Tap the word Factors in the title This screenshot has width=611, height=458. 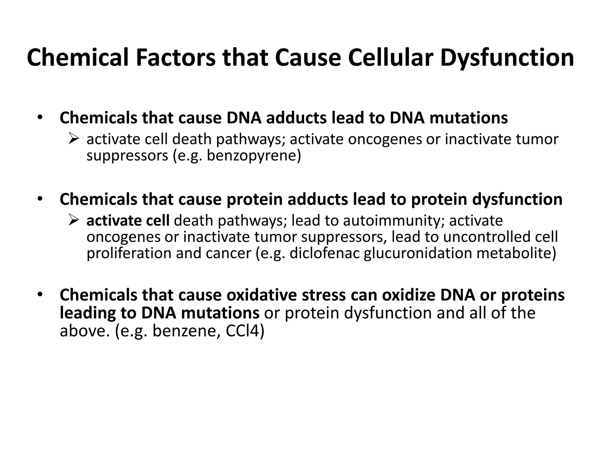[176, 58]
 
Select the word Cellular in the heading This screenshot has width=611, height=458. [390, 58]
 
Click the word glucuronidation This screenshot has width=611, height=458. [418, 253]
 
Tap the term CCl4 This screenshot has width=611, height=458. [245, 331]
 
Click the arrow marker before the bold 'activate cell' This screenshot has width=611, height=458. [73, 221]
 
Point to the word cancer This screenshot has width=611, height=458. [228, 253]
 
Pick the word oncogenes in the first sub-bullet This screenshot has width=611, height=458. [385, 139]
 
